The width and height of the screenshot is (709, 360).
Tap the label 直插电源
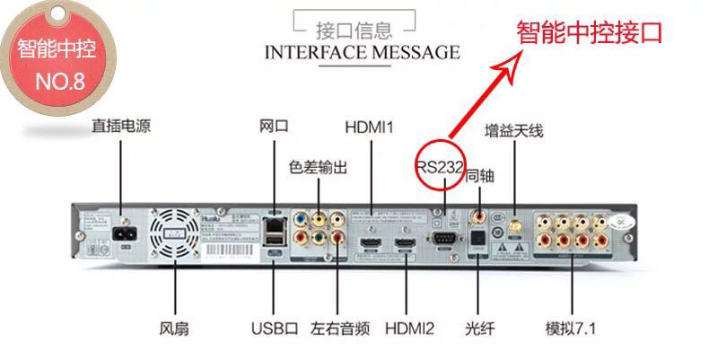120,127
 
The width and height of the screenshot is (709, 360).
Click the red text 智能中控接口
589,33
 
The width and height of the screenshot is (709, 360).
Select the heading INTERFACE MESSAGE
362,52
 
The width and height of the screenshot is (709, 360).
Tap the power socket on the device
120,236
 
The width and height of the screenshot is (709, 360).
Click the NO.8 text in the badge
59,83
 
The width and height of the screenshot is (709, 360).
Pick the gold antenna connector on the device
514,220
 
